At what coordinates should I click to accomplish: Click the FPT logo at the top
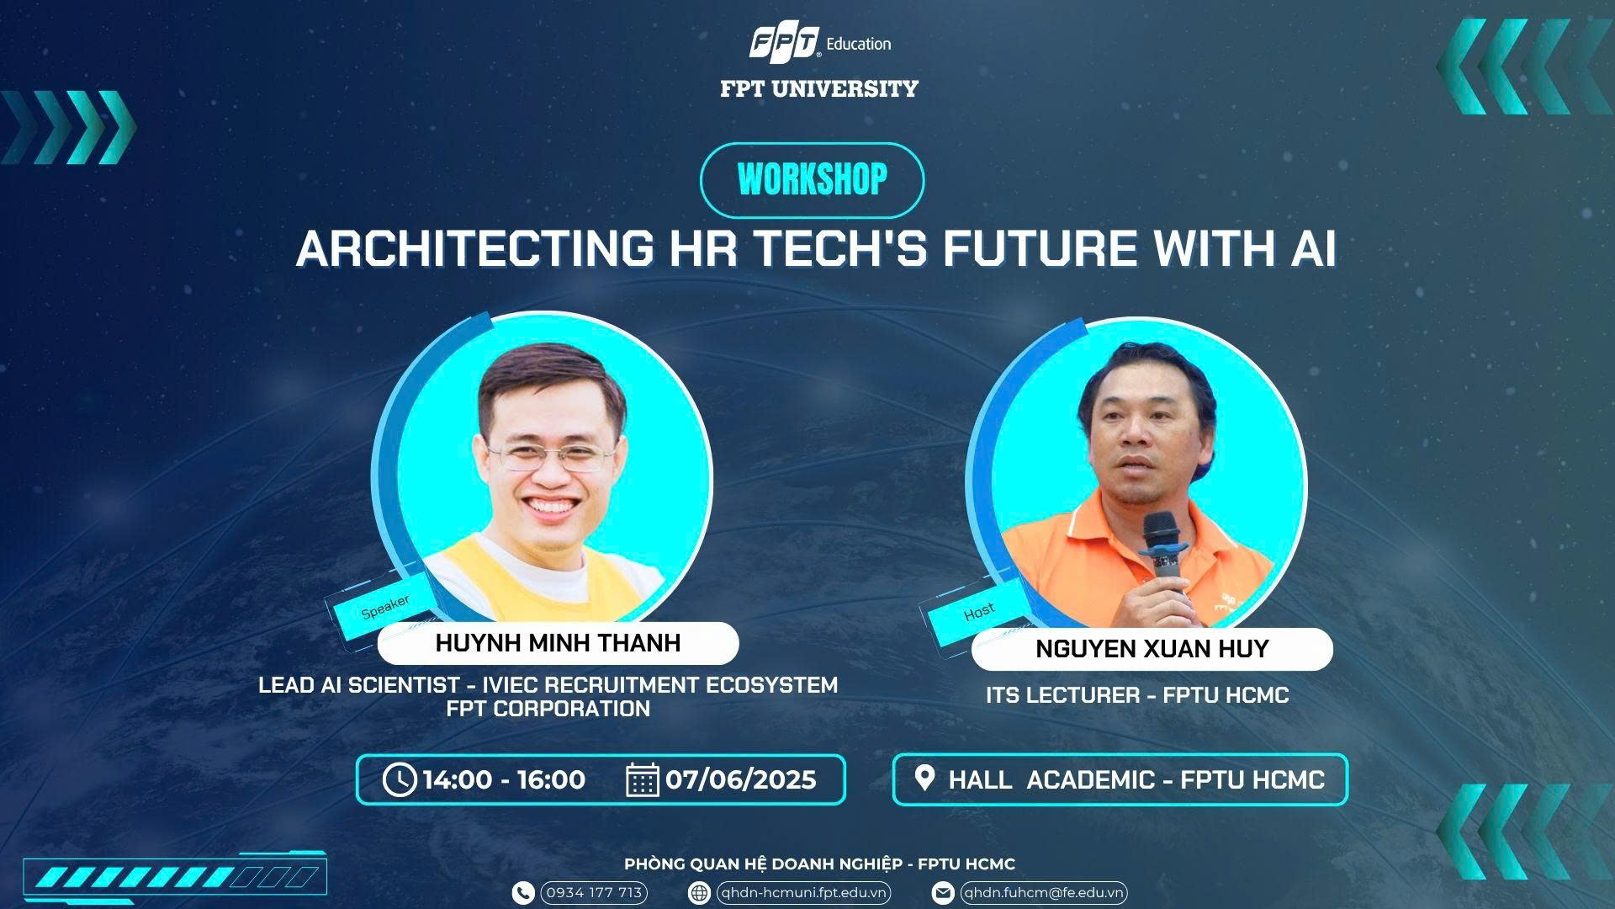click(784, 43)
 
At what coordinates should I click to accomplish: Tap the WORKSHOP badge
click(812, 180)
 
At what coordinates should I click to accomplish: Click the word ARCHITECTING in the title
click(475, 248)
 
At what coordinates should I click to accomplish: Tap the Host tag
click(978, 612)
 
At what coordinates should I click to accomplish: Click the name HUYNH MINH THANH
click(558, 643)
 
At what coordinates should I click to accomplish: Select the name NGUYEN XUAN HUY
click(1152, 649)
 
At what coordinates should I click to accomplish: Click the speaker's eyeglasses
click(553, 459)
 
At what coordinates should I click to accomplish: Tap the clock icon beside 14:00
click(400, 779)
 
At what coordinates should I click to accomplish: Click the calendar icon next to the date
click(643, 779)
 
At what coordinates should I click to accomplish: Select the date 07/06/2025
click(740, 780)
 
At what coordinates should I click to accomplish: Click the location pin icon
click(924, 778)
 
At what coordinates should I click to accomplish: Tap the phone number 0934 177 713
click(594, 892)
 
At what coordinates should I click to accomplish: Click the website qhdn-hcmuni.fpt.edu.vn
click(802, 892)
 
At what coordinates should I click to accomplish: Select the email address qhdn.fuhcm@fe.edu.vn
click(1043, 892)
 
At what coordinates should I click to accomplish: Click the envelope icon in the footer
click(944, 892)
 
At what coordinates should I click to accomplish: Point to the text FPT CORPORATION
click(548, 709)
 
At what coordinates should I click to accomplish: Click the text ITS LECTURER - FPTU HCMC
click(1137, 695)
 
